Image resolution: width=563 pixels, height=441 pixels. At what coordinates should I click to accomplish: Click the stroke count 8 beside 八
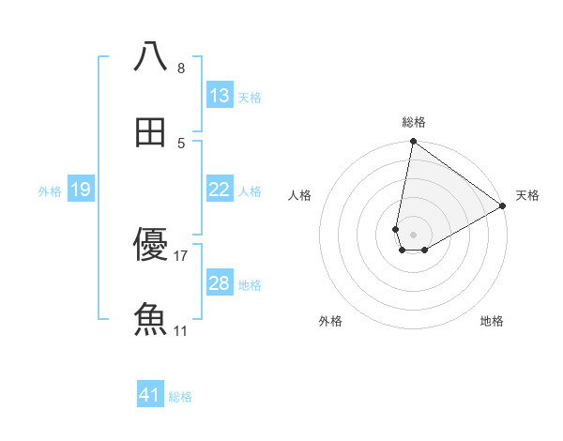click(181, 68)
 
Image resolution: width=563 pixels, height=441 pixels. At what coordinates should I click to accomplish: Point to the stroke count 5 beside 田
click(181, 143)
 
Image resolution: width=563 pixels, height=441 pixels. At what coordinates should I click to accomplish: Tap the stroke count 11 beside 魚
click(181, 330)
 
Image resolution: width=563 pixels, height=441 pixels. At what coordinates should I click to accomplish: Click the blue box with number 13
click(220, 96)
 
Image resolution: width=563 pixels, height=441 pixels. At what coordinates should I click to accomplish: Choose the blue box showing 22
click(220, 190)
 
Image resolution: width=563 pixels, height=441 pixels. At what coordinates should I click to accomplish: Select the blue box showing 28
click(220, 283)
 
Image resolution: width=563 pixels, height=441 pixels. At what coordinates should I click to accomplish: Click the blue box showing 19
click(81, 190)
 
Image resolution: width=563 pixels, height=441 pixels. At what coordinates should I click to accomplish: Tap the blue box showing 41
click(150, 396)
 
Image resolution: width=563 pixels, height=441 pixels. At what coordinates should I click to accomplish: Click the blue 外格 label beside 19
click(50, 190)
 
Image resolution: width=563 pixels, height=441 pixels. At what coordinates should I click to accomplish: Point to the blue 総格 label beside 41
click(180, 397)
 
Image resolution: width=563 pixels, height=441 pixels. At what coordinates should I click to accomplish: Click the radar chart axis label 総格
click(414, 122)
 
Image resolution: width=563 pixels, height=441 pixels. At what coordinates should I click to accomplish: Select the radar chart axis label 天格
click(527, 195)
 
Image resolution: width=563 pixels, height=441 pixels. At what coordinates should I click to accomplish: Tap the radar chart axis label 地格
click(492, 321)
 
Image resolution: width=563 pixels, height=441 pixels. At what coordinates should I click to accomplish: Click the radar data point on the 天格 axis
click(503, 206)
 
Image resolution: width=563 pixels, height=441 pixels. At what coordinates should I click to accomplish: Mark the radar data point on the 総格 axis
click(413, 143)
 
